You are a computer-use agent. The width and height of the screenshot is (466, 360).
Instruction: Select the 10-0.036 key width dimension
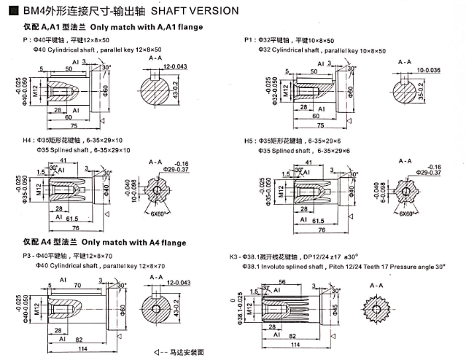(x=428, y=70)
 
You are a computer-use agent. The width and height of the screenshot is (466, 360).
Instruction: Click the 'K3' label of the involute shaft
(x=233, y=257)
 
